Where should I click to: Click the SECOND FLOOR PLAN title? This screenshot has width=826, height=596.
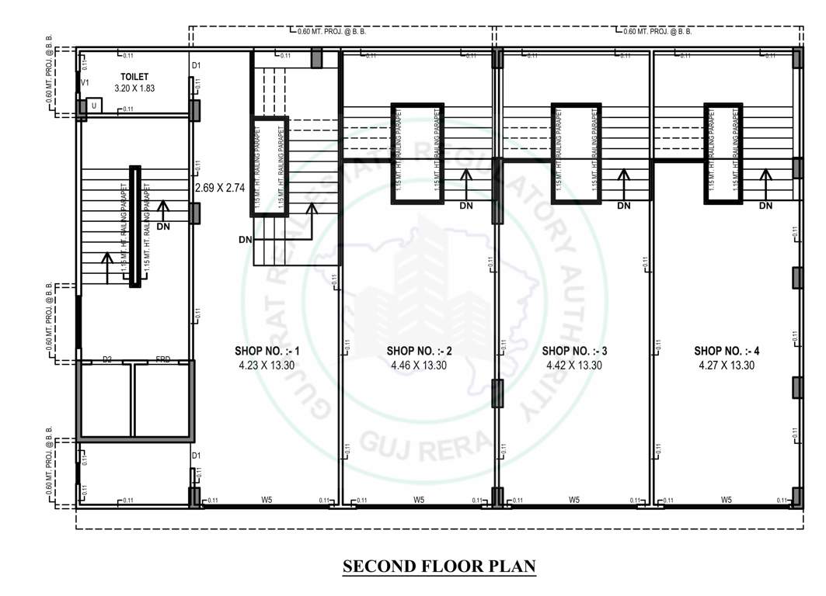point(439,567)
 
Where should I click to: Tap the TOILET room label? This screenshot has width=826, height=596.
point(134,78)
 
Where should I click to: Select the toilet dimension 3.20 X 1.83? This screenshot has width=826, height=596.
point(134,88)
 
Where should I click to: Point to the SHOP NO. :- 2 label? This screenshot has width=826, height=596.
point(420,352)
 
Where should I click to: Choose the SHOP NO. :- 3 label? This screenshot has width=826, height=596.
point(574,352)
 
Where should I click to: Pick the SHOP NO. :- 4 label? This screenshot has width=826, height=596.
point(727,352)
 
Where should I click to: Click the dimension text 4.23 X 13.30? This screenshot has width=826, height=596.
point(267,365)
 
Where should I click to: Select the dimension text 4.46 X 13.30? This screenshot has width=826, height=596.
point(420,365)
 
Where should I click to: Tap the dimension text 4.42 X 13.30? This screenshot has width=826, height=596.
point(574,365)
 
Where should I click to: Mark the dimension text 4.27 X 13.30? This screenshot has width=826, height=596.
point(727,365)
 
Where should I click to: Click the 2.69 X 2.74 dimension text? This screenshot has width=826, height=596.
point(220,188)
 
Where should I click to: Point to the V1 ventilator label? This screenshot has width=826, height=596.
point(85,81)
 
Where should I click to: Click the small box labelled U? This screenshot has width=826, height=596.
point(94,105)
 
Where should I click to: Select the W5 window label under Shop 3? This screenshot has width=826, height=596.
point(574,501)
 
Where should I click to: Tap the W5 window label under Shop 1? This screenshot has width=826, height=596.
point(266,501)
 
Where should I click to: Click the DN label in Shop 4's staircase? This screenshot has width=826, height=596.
point(765,206)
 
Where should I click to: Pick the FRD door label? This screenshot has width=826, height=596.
point(163,359)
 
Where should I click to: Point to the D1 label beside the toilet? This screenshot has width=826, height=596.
point(197,65)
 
